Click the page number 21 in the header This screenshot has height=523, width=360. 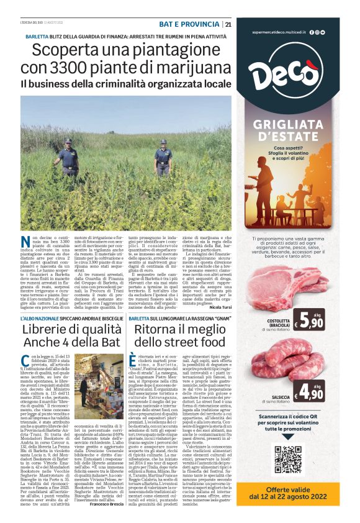point(228,24)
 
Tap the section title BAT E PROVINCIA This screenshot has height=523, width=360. point(189,24)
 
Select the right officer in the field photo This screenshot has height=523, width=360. point(163,158)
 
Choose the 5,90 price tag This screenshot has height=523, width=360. point(309,321)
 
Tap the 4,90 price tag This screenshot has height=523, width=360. point(309,391)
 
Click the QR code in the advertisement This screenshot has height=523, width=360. point(287,460)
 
